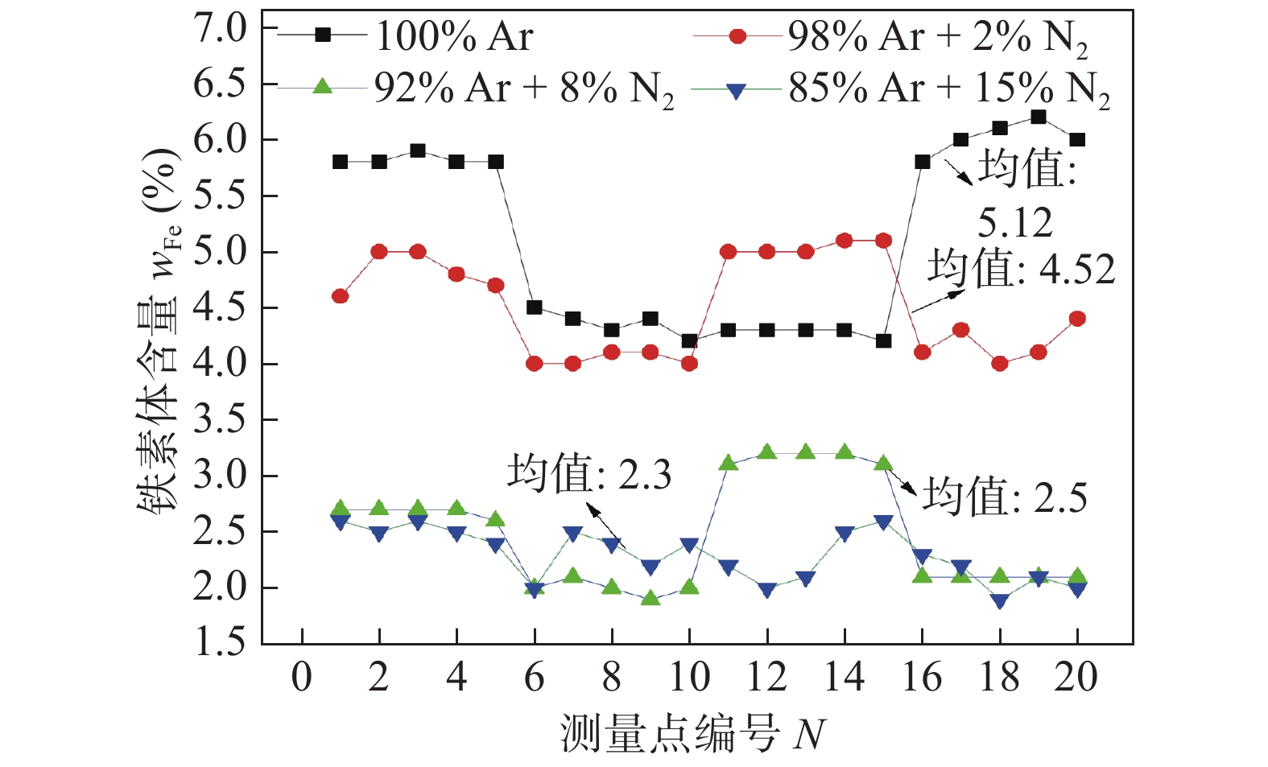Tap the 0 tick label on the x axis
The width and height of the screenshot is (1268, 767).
pyautogui.click(x=301, y=677)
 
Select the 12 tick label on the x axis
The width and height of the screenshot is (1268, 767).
pyautogui.click(x=766, y=677)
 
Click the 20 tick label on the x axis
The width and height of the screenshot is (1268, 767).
pyautogui.click(x=1076, y=677)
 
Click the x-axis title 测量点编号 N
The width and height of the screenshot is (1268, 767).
pyautogui.click(x=692, y=733)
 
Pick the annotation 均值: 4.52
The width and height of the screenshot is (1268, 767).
pyautogui.click(x=1021, y=269)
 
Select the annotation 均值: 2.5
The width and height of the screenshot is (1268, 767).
pyautogui.click(x=1004, y=496)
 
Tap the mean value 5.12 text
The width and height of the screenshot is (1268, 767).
pyautogui.click(x=1015, y=222)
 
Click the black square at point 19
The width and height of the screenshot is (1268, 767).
pyautogui.click(x=1039, y=118)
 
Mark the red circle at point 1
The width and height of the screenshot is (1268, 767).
pyautogui.click(x=340, y=296)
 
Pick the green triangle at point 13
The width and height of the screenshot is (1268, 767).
pyautogui.click(x=806, y=452)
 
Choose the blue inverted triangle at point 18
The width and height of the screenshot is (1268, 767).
pyautogui.click(x=1000, y=601)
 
